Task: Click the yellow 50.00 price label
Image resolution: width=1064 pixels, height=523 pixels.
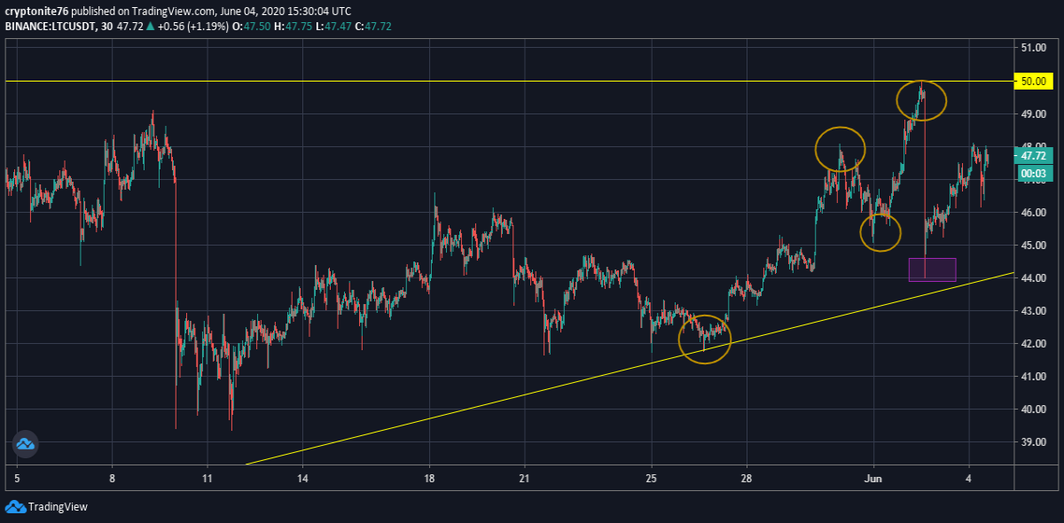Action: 1033,82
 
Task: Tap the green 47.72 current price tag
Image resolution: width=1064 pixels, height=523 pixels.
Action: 1033,156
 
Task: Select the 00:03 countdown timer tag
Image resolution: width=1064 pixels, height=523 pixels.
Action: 1033,174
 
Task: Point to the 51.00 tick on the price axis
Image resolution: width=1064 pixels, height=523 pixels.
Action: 1033,48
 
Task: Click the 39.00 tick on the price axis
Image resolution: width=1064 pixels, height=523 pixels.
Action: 1033,441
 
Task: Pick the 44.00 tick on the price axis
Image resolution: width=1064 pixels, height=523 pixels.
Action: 1033,277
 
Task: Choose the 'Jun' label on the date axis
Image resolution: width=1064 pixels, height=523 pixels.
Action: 873,479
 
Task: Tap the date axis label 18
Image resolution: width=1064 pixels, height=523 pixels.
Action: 429,479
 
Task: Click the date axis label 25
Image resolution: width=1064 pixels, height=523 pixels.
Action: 651,479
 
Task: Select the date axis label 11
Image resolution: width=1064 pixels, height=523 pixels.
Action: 207,479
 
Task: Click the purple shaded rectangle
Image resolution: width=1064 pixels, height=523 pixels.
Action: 933,269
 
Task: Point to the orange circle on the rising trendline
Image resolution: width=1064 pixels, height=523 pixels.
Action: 679,340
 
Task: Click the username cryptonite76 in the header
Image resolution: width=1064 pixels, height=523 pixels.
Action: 36,11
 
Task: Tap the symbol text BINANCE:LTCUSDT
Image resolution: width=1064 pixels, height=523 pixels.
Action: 50,26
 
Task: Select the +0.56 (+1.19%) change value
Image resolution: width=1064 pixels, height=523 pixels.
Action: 193,26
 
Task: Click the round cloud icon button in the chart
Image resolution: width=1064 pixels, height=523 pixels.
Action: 25,444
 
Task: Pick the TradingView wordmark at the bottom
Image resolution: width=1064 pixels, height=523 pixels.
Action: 58,507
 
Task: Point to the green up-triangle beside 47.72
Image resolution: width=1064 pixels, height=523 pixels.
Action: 150,26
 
